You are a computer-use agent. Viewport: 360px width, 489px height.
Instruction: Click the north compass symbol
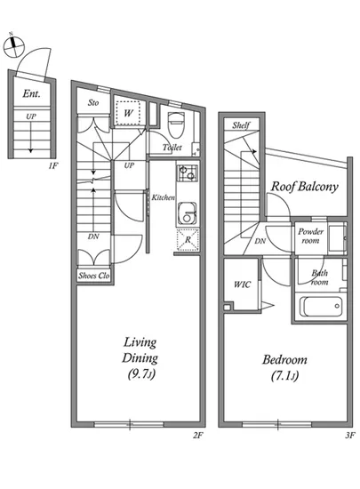coord(13,46)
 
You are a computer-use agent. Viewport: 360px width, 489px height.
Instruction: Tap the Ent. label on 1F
coord(31,93)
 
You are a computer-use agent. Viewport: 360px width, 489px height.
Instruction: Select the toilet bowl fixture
coord(176,124)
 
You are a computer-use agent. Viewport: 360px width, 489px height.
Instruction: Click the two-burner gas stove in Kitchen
coord(188,173)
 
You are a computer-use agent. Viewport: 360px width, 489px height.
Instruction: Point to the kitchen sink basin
coord(187,214)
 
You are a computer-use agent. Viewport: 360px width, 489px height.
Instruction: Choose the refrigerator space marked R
coord(188,240)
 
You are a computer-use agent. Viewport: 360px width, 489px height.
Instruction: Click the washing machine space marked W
coord(128,113)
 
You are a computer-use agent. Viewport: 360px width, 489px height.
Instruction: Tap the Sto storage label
coord(93,102)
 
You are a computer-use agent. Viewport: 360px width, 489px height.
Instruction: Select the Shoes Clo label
coord(94,276)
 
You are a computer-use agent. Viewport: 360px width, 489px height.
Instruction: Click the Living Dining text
coord(140,350)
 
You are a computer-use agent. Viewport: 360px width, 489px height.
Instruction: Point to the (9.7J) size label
coord(141,373)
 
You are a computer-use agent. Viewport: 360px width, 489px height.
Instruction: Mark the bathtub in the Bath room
coord(321,307)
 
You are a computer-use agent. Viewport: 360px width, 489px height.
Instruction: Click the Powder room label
coord(310,236)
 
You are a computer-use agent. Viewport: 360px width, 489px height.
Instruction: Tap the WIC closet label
coord(242,285)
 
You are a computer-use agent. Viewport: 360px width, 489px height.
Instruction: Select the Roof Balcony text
coord(304,187)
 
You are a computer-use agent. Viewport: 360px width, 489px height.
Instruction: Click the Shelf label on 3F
coord(241,125)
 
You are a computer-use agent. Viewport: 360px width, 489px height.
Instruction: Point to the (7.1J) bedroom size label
coord(284,375)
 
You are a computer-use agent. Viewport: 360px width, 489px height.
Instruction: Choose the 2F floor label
coord(198,435)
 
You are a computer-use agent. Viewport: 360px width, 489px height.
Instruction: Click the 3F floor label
coord(350,435)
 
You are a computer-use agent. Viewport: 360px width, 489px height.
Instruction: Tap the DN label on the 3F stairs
coord(260,241)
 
